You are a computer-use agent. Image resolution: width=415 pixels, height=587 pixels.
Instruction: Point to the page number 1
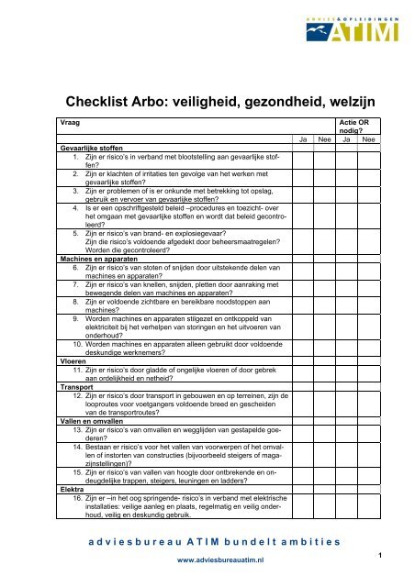pyautogui.click(x=404, y=556)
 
